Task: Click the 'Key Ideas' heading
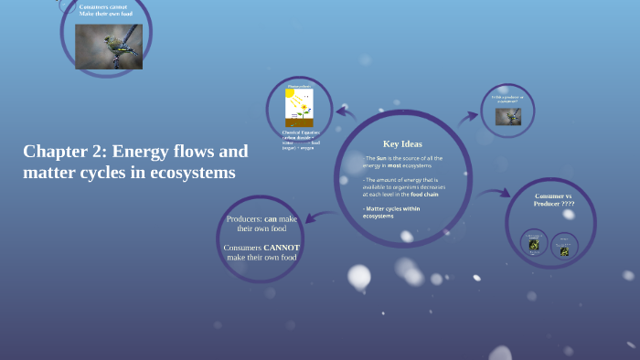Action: (x=402, y=143)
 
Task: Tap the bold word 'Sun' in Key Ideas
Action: (x=381, y=158)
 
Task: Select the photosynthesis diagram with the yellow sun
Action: (x=299, y=108)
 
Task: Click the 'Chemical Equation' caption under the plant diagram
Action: (x=300, y=132)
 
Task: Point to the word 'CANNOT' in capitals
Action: (x=282, y=247)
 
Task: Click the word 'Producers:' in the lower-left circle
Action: (x=244, y=219)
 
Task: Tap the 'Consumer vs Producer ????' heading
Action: (x=553, y=200)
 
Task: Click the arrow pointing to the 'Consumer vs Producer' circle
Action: (x=495, y=193)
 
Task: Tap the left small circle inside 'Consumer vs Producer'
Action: (x=534, y=242)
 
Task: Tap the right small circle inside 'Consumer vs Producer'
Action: (x=564, y=247)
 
